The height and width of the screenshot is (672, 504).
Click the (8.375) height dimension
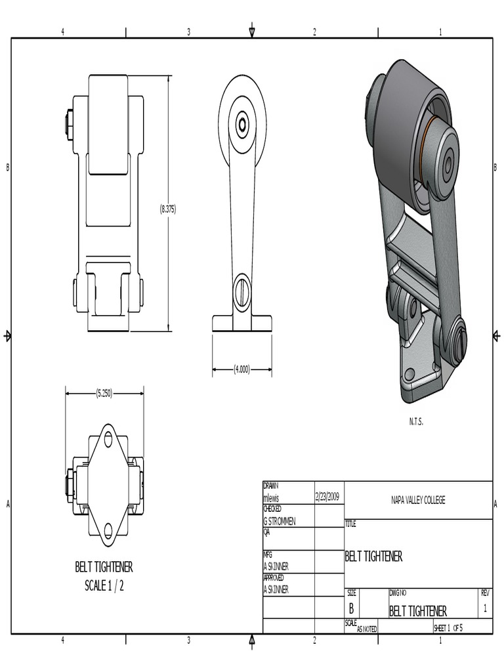(x=168, y=209)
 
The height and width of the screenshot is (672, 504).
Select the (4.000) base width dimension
(x=241, y=369)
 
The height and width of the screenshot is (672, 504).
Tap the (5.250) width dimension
(x=104, y=393)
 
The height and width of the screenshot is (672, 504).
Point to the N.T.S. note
(x=415, y=422)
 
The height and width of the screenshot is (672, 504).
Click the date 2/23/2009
(x=327, y=496)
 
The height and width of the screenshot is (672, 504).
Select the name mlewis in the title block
(x=271, y=498)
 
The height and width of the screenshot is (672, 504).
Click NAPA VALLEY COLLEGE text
(x=418, y=499)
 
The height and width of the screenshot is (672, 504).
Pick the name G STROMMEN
(x=280, y=522)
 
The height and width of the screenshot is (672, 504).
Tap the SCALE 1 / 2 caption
(x=104, y=585)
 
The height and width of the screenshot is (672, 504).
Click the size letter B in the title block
(x=352, y=608)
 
